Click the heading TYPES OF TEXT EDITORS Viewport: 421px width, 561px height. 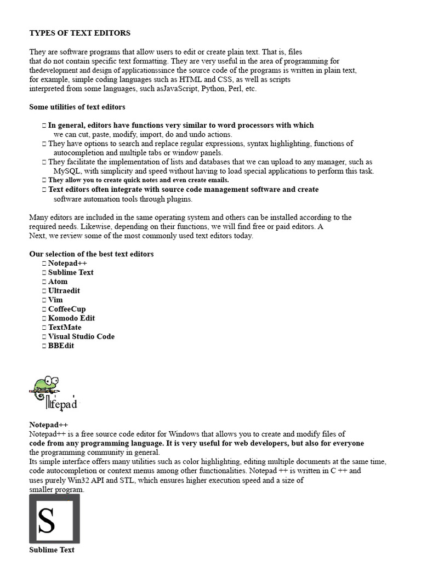tap(79, 33)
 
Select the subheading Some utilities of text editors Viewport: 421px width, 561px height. tap(77, 107)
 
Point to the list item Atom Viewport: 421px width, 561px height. tap(58, 282)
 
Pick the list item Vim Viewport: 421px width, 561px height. tap(55, 300)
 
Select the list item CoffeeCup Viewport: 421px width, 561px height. tap(67, 309)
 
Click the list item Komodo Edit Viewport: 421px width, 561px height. tap(71, 318)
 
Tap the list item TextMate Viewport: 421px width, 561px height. tap(65, 327)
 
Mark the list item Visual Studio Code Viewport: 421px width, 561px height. tap(81, 336)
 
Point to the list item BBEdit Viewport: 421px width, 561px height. tap(61, 346)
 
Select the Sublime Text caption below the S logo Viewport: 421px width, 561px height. tap(52, 549)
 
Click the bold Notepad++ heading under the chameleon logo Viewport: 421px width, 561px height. tap(49, 425)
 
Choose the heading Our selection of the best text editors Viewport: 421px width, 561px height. tap(92, 254)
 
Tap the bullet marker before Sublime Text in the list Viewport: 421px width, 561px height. tap(44, 273)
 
